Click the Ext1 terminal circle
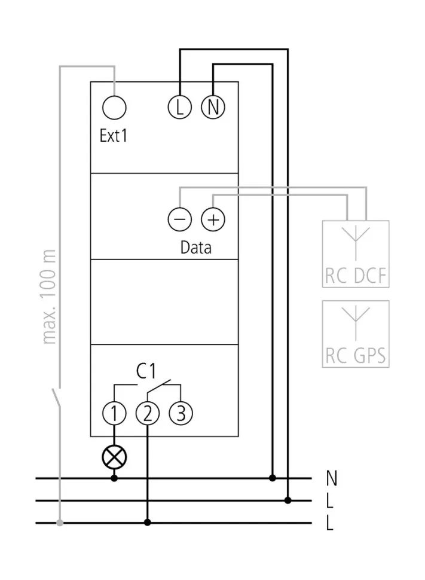click(x=114, y=108)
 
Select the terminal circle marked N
click(x=213, y=108)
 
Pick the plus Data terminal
click(x=213, y=219)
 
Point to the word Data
click(x=195, y=248)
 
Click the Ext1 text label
click(x=114, y=136)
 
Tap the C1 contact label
click(x=146, y=371)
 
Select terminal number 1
click(x=114, y=413)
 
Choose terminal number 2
click(x=147, y=413)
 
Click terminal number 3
click(x=181, y=413)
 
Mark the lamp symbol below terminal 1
click(x=114, y=457)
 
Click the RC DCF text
click(x=356, y=277)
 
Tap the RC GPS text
click(x=356, y=356)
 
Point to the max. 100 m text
click(x=50, y=297)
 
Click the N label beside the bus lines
click(x=332, y=478)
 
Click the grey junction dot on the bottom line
click(x=60, y=523)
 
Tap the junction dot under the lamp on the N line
click(x=114, y=478)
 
